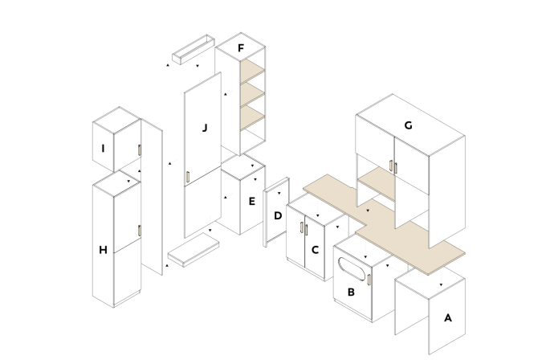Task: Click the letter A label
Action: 448,318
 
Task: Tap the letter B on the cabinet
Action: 351,292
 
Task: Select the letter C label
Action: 315,250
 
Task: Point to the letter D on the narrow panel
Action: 278,215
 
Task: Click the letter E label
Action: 251,202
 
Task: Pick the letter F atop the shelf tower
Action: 241,48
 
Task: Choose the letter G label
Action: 408,125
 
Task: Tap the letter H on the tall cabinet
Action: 103,250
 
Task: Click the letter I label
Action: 103,149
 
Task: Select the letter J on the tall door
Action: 205,128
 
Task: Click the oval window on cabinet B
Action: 352,269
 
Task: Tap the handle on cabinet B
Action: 369,280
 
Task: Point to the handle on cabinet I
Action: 139,150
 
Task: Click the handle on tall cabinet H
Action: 139,231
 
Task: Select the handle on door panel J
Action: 188,177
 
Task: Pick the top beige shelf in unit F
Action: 252,71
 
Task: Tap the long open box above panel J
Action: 194,49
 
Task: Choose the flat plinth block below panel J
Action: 194,250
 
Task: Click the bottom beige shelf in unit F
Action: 252,118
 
